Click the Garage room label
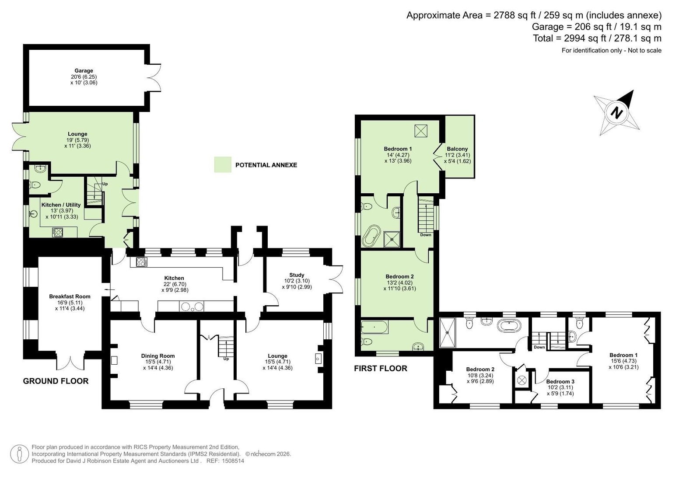(84, 70)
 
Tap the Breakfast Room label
(70, 296)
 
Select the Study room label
(297, 275)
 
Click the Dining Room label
(158, 356)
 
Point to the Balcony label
(457, 149)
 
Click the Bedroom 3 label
(560, 382)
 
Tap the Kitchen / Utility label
(61, 205)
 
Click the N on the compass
(616, 113)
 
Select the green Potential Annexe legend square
(223, 164)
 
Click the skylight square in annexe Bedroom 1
(420, 131)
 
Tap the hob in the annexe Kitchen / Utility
(58, 232)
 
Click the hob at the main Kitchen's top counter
(142, 261)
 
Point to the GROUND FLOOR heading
(56, 381)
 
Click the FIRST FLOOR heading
(381, 369)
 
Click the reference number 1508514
(233, 461)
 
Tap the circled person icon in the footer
(19, 454)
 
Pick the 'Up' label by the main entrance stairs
(226, 359)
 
